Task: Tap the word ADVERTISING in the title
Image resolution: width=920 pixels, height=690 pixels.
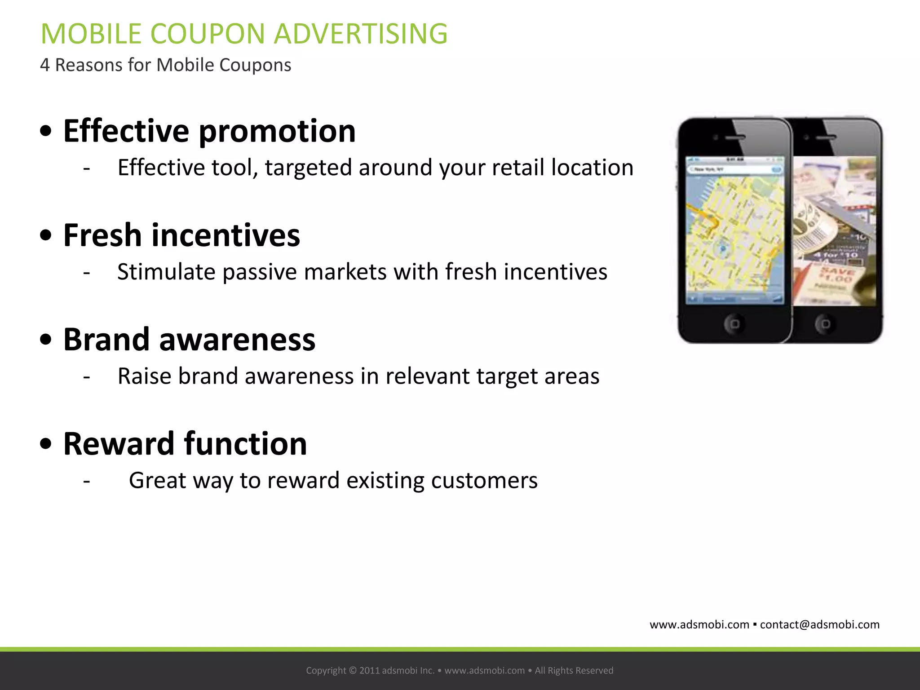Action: (x=360, y=34)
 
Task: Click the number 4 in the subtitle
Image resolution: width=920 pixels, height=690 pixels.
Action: (x=44, y=65)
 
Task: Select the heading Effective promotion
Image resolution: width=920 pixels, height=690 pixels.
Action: (x=209, y=131)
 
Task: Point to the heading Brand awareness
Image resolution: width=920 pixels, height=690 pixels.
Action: (x=189, y=340)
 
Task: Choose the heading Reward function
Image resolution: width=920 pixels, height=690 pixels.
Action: (x=185, y=444)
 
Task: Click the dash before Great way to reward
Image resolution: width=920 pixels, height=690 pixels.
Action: (x=87, y=481)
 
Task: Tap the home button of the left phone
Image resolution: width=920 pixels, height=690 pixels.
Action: (x=734, y=323)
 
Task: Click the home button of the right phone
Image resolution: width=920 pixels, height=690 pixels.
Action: (x=826, y=323)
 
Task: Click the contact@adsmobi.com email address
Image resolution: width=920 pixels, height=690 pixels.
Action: (x=819, y=625)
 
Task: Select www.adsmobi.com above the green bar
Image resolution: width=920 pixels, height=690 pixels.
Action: (x=699, y=625)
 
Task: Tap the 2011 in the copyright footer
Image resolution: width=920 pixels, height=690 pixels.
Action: (x=369, y=671)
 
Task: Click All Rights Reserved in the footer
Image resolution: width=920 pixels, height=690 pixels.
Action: (x=574, y=671)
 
